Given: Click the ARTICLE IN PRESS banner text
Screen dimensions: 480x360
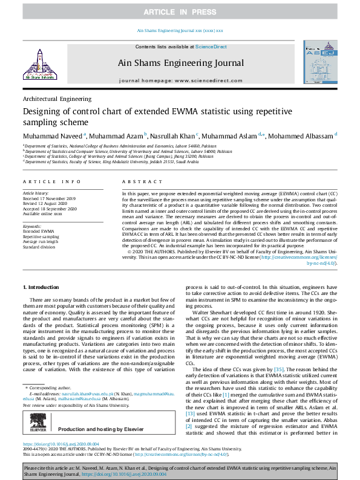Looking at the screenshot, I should tap(180, 12).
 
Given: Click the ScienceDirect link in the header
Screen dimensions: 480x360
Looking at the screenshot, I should tap(211, 47).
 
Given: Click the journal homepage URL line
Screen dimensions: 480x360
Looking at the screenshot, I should tap(179, 80).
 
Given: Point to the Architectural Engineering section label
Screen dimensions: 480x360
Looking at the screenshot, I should tap(57, 99).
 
